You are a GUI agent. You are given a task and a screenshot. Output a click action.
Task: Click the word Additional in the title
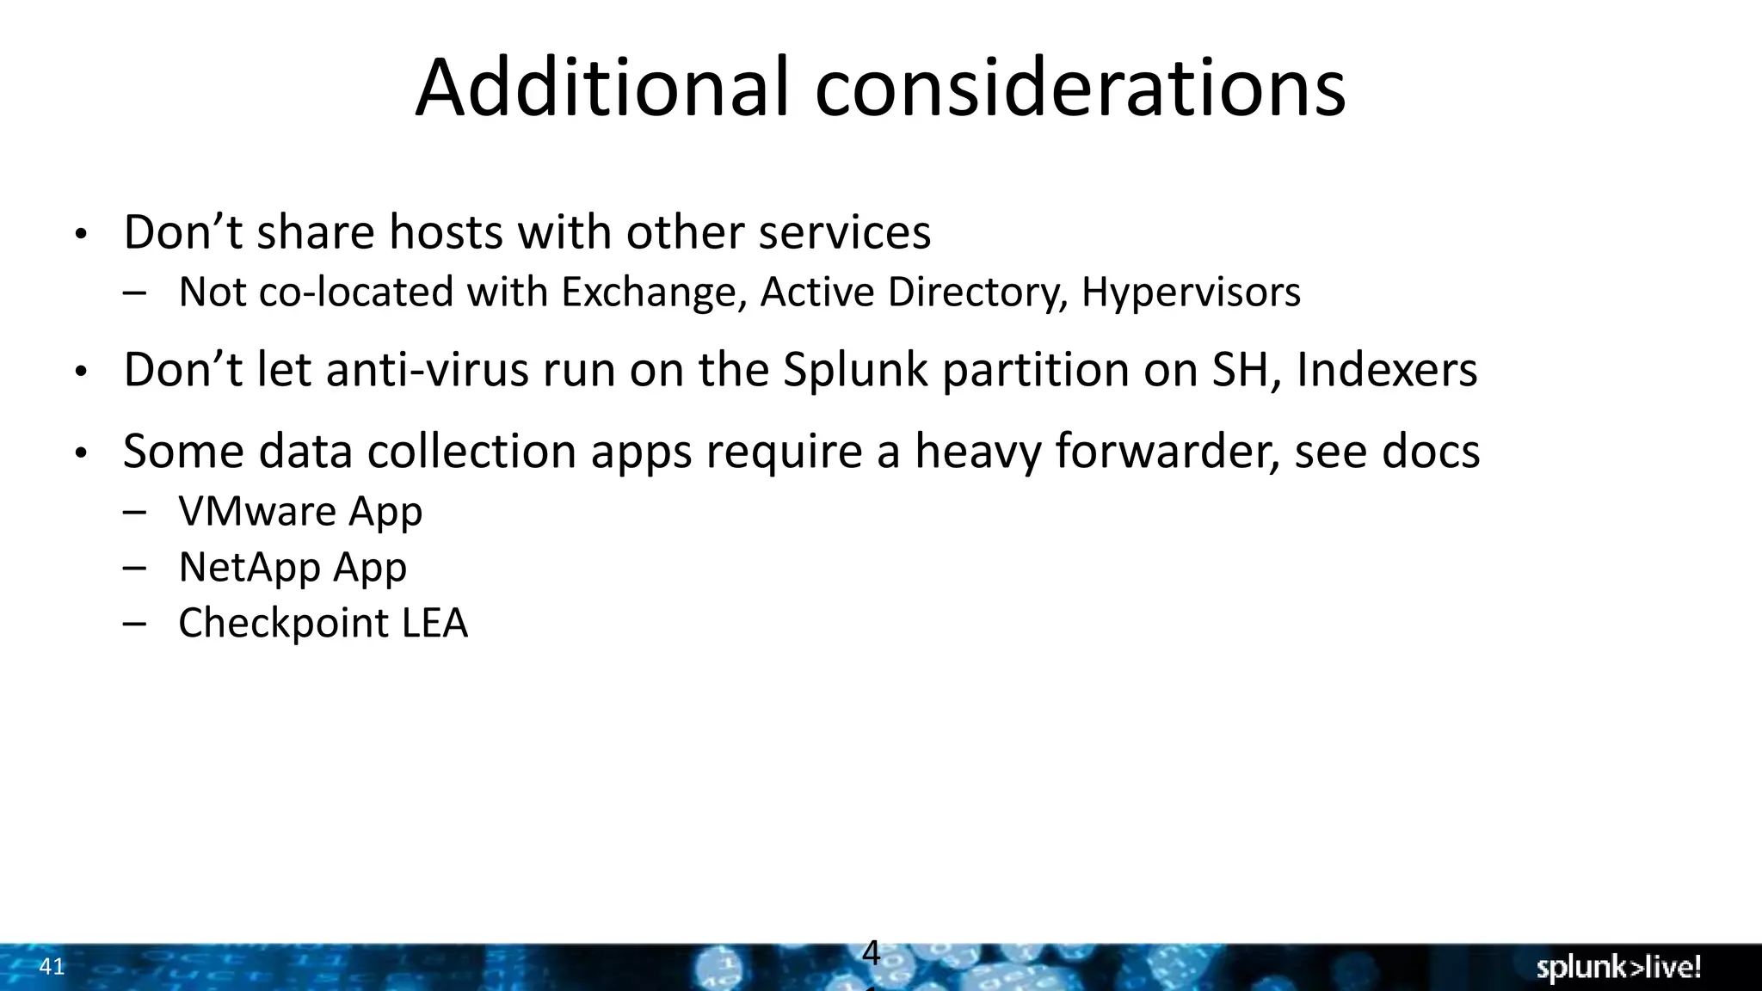[601, 88]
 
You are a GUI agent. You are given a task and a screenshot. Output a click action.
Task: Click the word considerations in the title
[1080, 88]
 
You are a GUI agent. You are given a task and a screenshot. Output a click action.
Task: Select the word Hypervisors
[1191, 292]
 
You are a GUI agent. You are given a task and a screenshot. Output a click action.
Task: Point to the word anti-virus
[427, 370]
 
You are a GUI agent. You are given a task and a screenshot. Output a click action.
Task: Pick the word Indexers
[1387, 370]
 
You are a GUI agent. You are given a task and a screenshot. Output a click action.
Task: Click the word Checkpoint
[283, 623]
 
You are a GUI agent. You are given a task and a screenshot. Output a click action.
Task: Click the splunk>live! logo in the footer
[1618, 968]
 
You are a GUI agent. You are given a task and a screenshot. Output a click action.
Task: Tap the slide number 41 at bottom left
[52, 967]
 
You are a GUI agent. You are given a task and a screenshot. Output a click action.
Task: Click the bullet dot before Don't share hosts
[80, 235]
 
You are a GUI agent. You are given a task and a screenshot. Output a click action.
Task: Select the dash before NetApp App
[134, 568]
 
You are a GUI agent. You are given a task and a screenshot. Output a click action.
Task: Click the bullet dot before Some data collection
[80, 453]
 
